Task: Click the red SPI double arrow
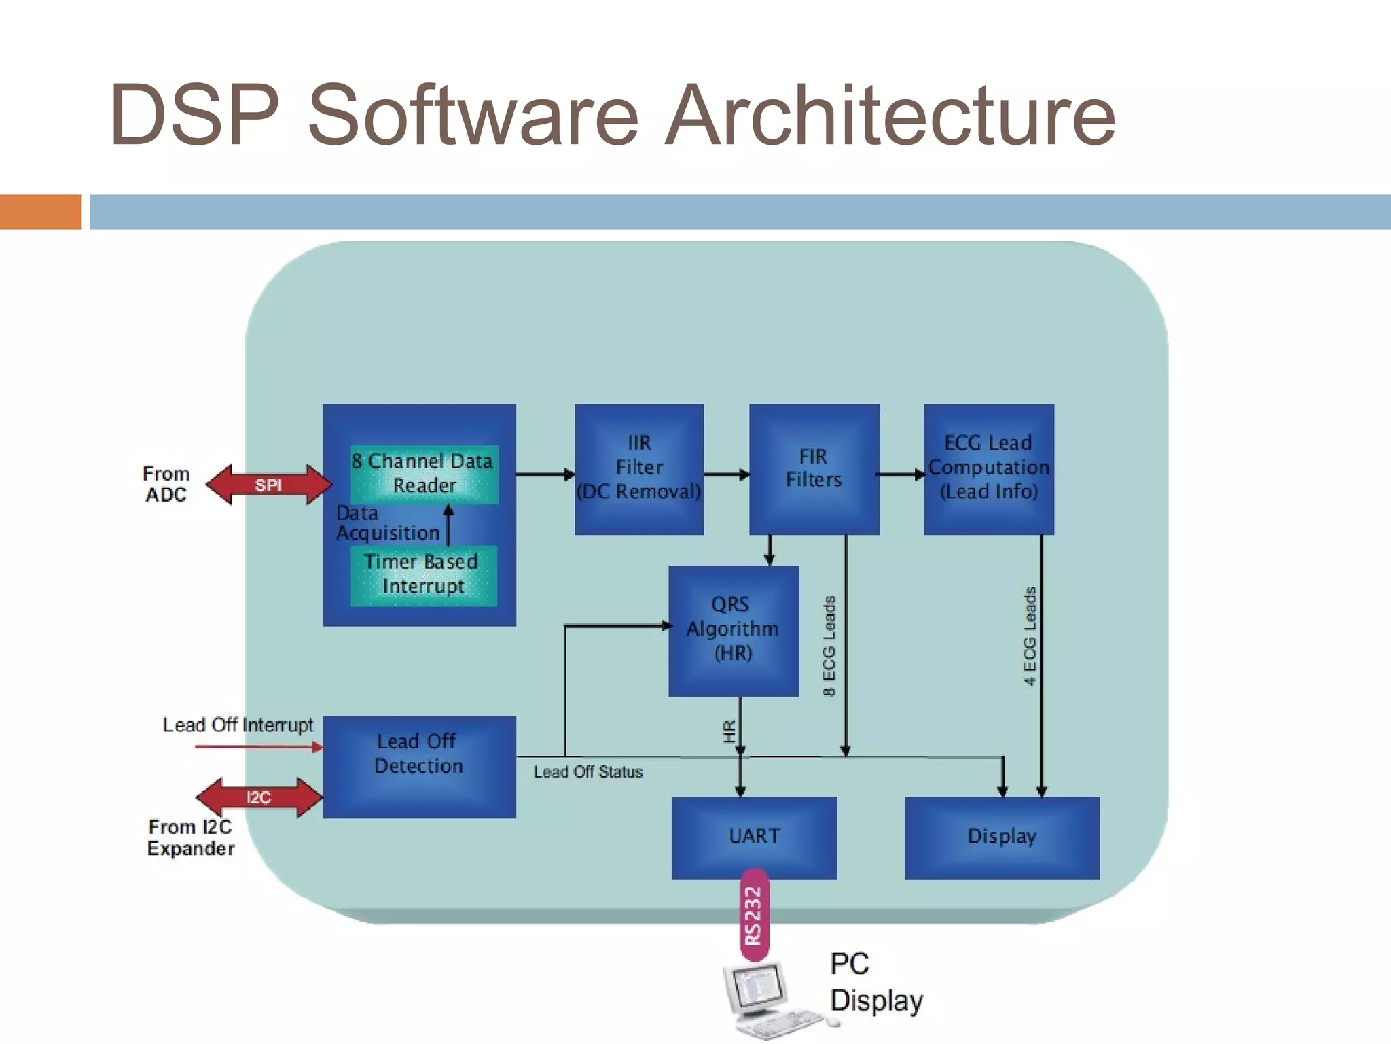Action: point(269,485)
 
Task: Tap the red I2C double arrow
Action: point(259,797)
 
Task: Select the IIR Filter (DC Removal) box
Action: point(638,468)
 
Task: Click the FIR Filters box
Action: point(814,468)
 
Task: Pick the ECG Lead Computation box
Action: point(988,468)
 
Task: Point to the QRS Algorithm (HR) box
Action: point(733,629)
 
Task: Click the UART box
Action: point(754,837)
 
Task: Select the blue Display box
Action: point(1001,837)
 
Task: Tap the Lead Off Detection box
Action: point(418,767)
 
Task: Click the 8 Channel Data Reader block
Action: point(424,474)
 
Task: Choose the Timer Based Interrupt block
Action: point(423,575)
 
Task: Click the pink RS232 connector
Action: point(754,915)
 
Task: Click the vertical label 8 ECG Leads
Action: point(829,646)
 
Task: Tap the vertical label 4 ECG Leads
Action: point(1030,636)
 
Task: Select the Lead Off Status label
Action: point(588,772)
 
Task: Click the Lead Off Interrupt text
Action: point(238,725)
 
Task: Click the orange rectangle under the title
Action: point(40,211)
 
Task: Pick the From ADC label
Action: point(166,484)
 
